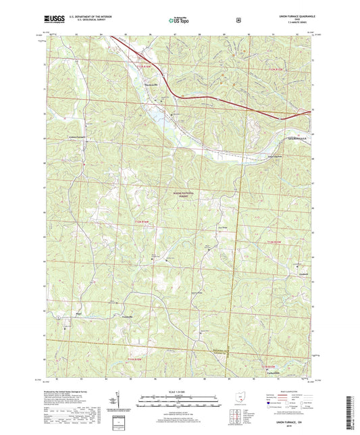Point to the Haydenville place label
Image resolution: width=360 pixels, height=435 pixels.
click(153, 84)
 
